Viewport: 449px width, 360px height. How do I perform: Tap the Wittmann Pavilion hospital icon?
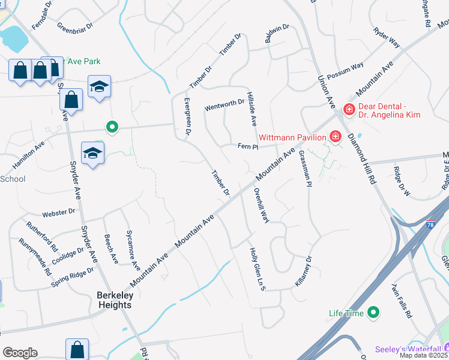pos(336,137)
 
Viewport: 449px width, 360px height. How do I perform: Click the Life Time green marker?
pos(373,312)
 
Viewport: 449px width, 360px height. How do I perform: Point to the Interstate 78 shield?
pos(430,224)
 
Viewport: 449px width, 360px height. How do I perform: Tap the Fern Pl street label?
pos(247,146)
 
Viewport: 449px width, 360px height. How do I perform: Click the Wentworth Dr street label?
pos(224,106)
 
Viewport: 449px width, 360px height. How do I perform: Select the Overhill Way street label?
pos(261,206)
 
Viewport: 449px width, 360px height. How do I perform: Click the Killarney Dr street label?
pos(304,272)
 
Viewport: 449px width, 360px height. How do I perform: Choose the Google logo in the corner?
pos(20,353)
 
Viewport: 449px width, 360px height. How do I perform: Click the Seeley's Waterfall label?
pos(408,349)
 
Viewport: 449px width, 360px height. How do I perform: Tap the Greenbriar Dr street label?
pos(75,26)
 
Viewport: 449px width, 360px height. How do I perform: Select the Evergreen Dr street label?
pos(187,116)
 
